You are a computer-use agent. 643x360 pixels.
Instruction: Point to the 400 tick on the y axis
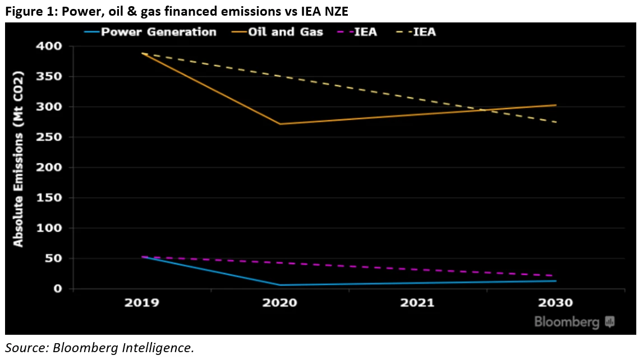[x=50, y=46]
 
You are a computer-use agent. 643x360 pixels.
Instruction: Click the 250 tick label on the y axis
[x=50, y=137]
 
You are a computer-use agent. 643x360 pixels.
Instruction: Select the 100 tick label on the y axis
[x=50, y=228]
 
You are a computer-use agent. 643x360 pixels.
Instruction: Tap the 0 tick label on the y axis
[x=57, y=289]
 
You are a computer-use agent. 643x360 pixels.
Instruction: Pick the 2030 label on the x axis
[x=556, y=303]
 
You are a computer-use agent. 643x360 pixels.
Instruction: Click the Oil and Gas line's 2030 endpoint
[x=556, y=105]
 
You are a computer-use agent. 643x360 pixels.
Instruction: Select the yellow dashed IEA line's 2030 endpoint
[x=556, y=122]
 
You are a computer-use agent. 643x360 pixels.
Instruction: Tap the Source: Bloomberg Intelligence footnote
[x=99, y=348]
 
